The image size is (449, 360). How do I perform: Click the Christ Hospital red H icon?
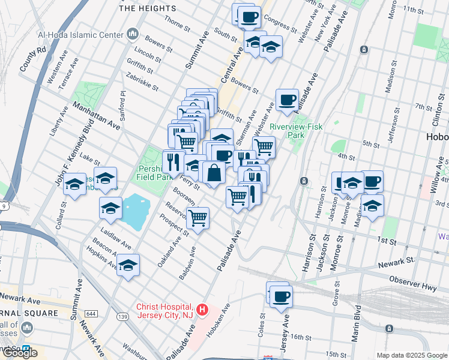pyautogui.click(x=203, y=310)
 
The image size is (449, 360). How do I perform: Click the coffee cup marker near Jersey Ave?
pyautogui.click(x=281, y=296)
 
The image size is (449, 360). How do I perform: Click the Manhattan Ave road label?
pyautogui.click(x=97, y=115)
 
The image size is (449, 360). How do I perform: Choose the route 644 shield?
pyautogui.click(x=91, y=314)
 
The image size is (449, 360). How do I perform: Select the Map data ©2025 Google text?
pyautogui.click(x=412, y=355)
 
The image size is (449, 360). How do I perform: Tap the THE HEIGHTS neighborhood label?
pyautogui.click(x=148, y=9)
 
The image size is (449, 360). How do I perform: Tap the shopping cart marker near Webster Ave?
pyautogui.click(x=264, y=146)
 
